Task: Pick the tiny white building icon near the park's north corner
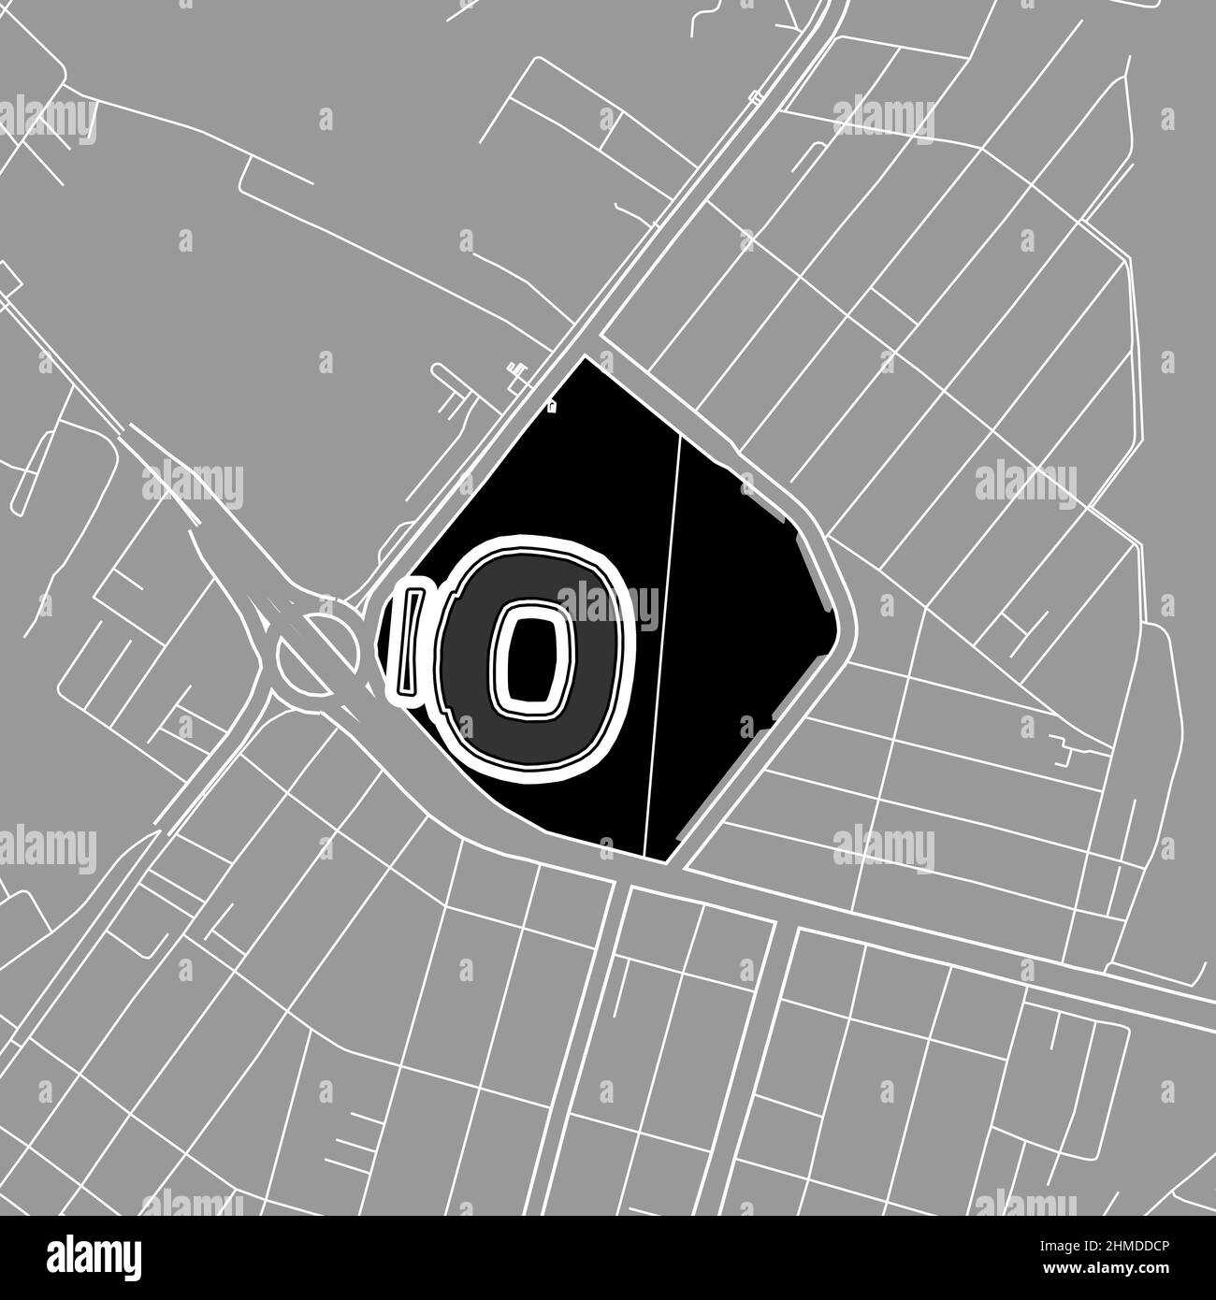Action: (552, 406)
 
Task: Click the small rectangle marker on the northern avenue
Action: (756, 96)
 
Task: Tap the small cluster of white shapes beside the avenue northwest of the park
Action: (514, 373)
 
